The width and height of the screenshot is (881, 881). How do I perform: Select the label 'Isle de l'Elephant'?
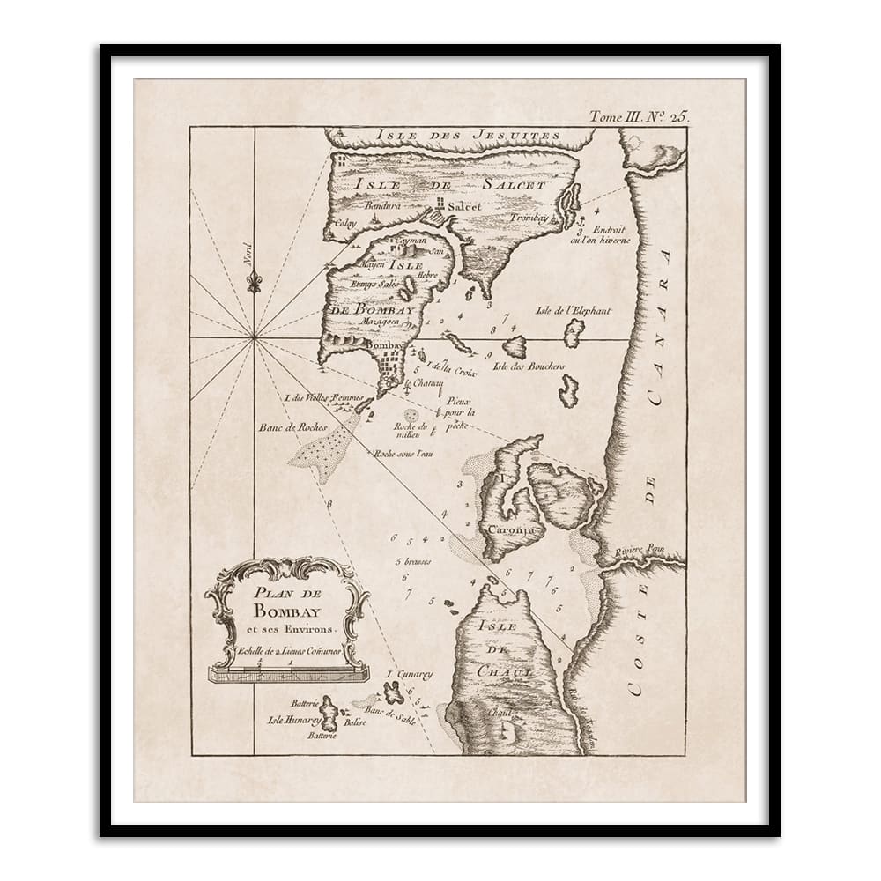(x=573, y=310)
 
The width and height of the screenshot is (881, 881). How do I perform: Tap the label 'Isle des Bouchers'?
(x=529, y=366)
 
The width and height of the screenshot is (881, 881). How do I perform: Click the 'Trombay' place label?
(x=529, y=217)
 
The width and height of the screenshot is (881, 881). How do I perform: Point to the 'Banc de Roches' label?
(x=292, y=427)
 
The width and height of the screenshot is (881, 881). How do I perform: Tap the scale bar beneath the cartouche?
(x=288, y=674)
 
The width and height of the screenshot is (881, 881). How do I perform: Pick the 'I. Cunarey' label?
(x=411, y=675)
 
